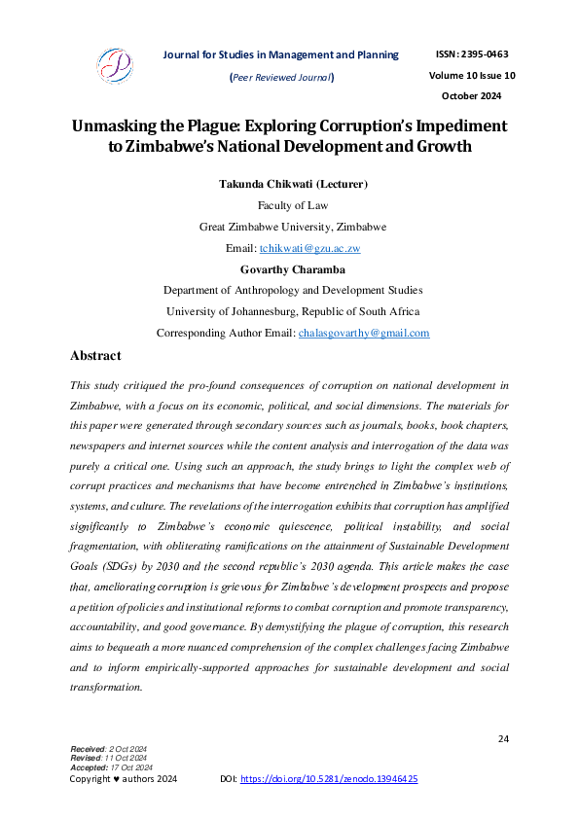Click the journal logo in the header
point(114,66)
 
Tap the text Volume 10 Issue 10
point(471,75)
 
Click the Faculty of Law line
point(292,205)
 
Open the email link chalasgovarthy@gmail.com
point(363,333)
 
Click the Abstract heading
point(95,356)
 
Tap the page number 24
point(503,739)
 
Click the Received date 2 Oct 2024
point(123,748)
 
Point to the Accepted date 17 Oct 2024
point(125,765)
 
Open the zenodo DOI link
point(329,779)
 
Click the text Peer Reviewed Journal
point(281,77)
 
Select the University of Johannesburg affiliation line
point(292,311)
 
